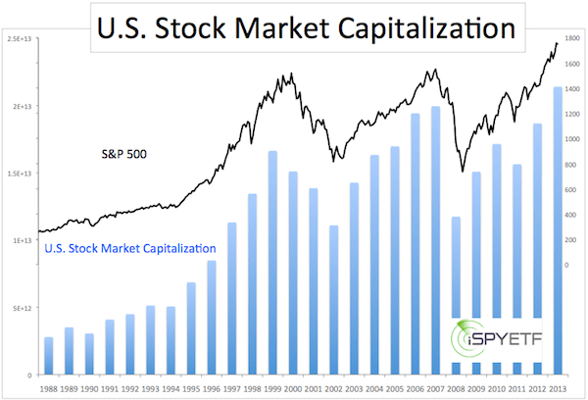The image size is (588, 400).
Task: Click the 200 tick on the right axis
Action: tap(571, 240)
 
